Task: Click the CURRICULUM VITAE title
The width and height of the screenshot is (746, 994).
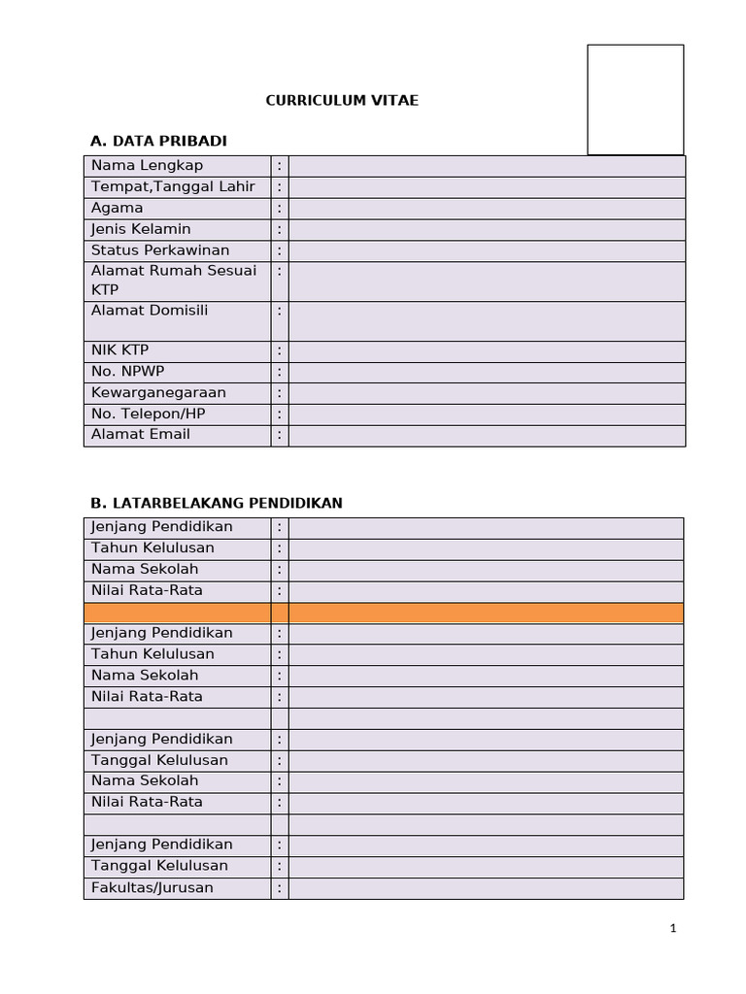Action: point(343,100)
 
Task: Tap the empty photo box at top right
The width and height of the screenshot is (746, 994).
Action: point(635,99)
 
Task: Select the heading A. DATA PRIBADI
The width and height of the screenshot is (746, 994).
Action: point(158,141)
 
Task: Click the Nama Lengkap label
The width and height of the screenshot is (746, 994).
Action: point(148,165)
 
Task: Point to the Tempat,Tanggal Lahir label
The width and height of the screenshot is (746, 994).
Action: point(173,186)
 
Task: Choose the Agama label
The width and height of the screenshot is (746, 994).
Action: point(118,208)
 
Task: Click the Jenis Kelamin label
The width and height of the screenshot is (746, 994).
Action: point(141,229)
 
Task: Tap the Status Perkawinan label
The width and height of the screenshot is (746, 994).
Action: point(160,250)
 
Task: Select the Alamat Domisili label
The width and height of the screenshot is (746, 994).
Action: point(150,311)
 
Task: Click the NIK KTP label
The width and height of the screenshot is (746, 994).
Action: point(120,350)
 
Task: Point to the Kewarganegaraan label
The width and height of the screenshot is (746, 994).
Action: point(158,393)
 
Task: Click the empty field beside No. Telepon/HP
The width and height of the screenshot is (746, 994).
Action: point(486,414)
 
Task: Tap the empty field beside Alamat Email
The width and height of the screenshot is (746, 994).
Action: point(486,436)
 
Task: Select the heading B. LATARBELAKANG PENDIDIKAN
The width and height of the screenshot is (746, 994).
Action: point(217,503)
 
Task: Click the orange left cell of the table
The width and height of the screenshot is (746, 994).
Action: point(177,613)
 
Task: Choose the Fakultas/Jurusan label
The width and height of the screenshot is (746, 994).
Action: point(153,888)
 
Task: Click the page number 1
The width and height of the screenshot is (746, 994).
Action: point(673,929)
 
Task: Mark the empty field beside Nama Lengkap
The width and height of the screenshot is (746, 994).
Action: point(486,166)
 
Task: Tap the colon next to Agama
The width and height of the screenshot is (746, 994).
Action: point(280,209)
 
